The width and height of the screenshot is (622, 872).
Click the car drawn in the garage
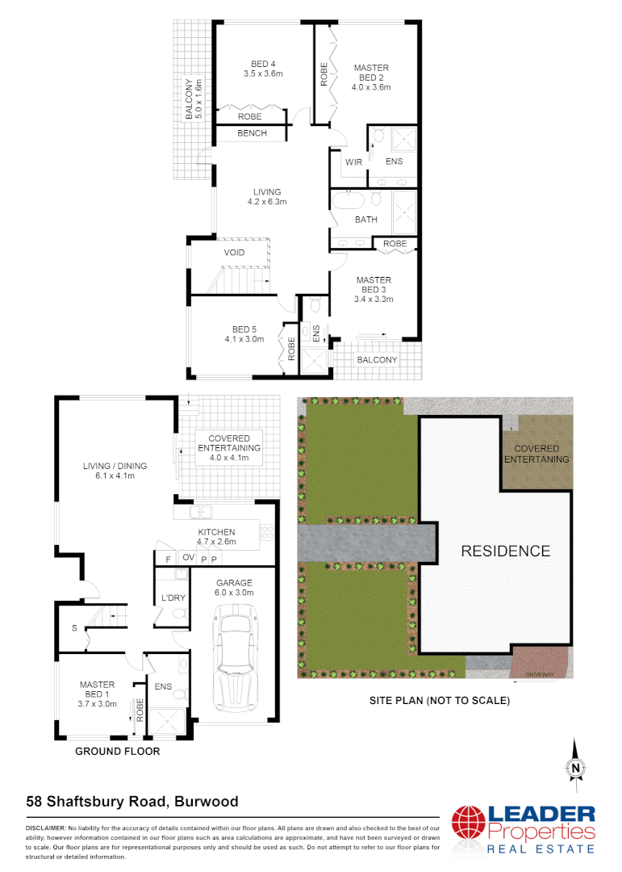point(234,660)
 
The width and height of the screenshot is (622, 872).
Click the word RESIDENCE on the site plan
point(505,551)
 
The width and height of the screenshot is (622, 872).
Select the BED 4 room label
point(263,69)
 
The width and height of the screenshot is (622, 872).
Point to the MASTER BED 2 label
point(371,78)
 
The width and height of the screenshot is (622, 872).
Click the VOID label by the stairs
point(234,253)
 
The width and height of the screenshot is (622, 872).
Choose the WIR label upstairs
point(353,162)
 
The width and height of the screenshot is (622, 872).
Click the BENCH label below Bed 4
point(252,133)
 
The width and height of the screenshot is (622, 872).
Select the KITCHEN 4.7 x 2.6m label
point(216,537)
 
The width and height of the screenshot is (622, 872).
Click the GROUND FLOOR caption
point(117,751)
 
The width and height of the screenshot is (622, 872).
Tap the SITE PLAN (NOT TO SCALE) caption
point(439,701)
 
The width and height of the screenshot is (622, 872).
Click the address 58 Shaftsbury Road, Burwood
point(132,802)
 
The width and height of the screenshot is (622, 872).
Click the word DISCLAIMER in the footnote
point(45,828)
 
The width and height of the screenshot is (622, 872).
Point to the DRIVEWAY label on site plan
point(537,672)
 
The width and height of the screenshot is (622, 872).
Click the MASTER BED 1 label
point(97,694)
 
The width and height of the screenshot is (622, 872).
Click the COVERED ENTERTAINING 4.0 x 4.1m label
point(229,447)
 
